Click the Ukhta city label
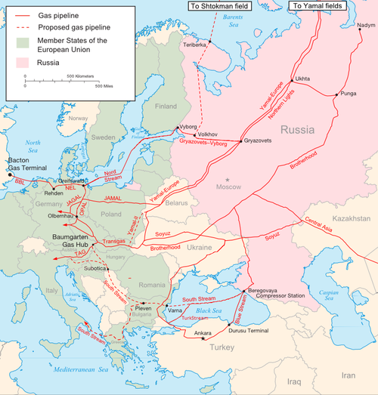pyautogui.click(x=302, y=78)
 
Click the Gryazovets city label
pyautogui.click(x=262, y=141)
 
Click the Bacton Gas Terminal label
pyautogui.click(x=21, y=166)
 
